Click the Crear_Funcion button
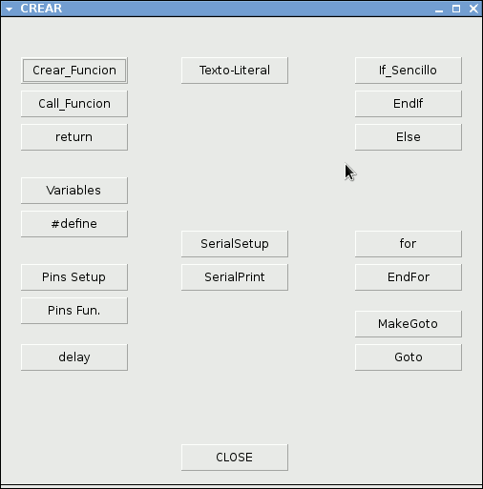74,71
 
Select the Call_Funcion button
74,104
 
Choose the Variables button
74,191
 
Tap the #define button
74,224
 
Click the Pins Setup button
74,277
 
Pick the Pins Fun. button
74,311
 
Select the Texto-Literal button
235,71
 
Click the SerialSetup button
235,244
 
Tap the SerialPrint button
235,277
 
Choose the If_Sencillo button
409,71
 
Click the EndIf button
409,104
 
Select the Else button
409,137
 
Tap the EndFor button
409,277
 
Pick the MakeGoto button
409,324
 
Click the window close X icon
473,9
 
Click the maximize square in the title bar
456,9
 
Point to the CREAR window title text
41,9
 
